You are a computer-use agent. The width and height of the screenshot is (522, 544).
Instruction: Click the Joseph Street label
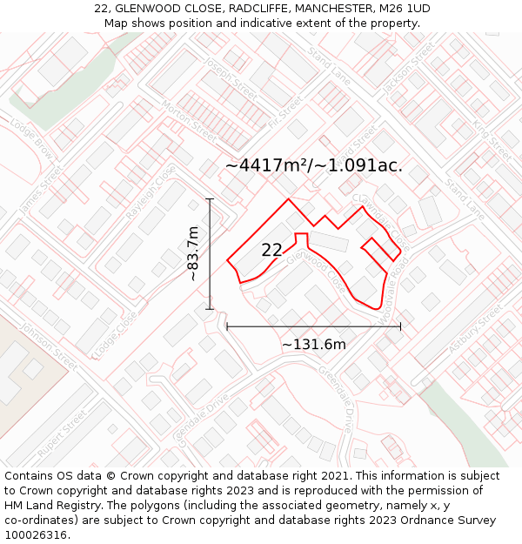[x=230, y=77]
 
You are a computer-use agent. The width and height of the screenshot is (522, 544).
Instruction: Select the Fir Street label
[x=284, y=111]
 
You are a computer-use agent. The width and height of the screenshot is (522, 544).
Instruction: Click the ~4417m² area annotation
[x=314, y=165]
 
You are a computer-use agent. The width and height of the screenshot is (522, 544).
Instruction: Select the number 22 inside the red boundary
[x=271, y=250]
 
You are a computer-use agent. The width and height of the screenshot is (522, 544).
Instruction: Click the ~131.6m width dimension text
[x=314, y=345]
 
